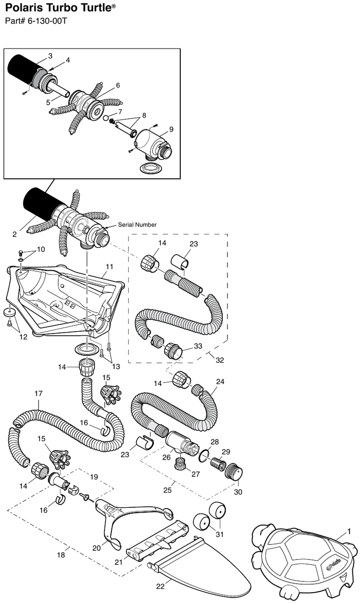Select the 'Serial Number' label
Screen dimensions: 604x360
tap(137, 225)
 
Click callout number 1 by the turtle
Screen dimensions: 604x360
tap(349, 532)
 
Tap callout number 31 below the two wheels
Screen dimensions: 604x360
tap(219, 535)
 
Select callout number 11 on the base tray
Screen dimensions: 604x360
tap(109, 267)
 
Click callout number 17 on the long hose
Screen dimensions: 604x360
tap(39, 393)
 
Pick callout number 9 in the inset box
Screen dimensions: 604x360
tap(171, 129)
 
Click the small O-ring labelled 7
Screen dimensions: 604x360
tap(107, 117)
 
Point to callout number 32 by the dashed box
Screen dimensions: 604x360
tap(220, 360)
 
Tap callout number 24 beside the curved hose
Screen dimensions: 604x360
tap(220, 381)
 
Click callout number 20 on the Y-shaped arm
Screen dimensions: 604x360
tap(97, 548)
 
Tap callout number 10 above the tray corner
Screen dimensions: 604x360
tap(41, 249)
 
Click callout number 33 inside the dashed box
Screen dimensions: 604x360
tap(198, 346)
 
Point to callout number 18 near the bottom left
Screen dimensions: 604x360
tap(61, 555)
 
